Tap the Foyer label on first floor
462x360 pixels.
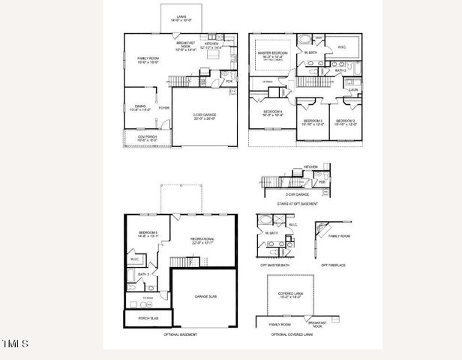click(x=164, y=108)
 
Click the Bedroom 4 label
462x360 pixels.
click(x=271, y=112)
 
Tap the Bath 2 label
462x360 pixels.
click(x=340, y=70)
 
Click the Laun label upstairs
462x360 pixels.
click(x=353, y=88)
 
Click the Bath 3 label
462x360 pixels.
click(x=143, y=274)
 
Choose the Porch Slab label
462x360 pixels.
click(x=148, y=319)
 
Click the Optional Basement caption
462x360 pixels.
click(x=180, y=334)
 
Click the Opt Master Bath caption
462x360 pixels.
click(x=274, y=265)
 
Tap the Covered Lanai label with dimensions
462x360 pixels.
click(x=288, y=296)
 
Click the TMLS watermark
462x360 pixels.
click(x=15, y=343)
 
